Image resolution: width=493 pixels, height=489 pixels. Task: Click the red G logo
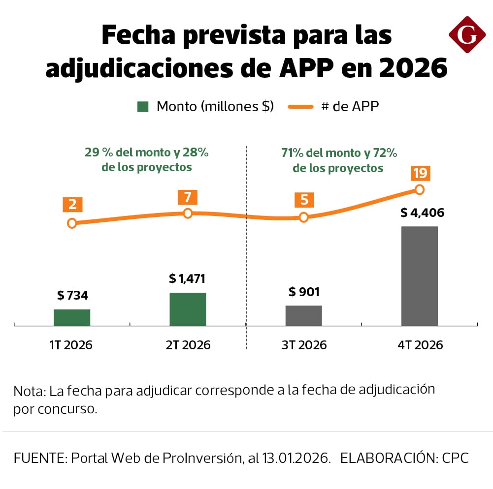tap(467, 34)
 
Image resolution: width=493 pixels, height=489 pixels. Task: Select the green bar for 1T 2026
tap(72, 317)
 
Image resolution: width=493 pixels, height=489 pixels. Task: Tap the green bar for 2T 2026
tap(188, 309)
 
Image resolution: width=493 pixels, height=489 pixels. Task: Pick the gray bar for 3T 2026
tap(303, 315)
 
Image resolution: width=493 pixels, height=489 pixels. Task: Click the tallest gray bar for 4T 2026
tap(420, 276)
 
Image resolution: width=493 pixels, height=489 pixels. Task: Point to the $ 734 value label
tap(72, 296)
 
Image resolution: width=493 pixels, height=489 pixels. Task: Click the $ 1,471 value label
tap(187, 279)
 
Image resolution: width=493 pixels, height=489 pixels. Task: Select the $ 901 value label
tap(304, 292)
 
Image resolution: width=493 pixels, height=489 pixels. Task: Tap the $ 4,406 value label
tap(422, 213)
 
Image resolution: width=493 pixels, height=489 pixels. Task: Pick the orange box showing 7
tap(187, 197)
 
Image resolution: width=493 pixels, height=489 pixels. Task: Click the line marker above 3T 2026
tap(304, 217)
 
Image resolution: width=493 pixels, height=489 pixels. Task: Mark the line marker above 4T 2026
tap(420, 189)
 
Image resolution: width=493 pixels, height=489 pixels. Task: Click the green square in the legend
tap(143, 106)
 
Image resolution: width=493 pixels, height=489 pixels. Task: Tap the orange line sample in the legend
tap(297, 106)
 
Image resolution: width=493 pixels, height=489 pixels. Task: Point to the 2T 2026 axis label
tap(188, 345)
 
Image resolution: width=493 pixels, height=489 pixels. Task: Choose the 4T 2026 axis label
tap(420, 345)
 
